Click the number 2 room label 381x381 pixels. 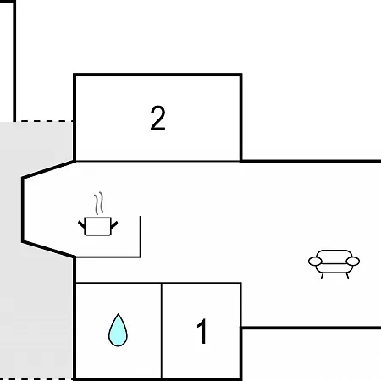157,119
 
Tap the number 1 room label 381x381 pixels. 202,331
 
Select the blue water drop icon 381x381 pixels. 118,330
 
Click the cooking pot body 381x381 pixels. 97,226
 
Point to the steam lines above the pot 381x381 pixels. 99,203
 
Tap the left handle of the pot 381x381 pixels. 81,224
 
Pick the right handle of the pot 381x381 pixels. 114,225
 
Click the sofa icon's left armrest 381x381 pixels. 315,262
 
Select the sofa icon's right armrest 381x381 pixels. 353,262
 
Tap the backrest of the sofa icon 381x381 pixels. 334,256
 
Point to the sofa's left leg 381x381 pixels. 322,276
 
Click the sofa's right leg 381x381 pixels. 347,275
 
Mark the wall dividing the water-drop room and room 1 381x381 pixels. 162,330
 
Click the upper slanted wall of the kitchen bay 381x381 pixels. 48,169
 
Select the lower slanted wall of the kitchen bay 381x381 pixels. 48,249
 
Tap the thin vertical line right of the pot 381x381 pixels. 141,236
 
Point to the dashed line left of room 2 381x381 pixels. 43,121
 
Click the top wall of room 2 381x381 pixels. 157,75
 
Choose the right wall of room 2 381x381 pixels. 241,118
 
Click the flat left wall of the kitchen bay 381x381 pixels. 23,210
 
